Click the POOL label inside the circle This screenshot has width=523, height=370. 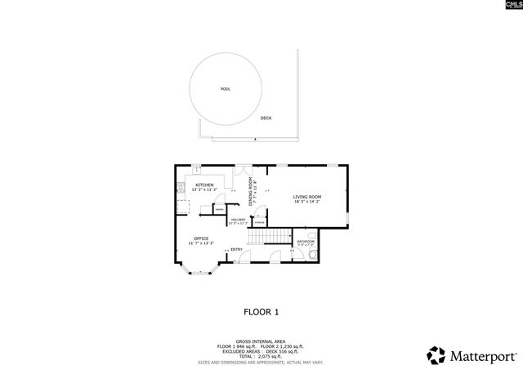tap(225, 88)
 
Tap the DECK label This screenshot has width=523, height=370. tap(266, 118)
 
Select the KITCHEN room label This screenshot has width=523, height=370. tap(204, 185)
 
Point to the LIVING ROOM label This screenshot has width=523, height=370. tap(307, 197)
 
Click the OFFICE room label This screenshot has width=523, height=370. tap(201, 238)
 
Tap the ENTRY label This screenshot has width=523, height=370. tap(236, 250)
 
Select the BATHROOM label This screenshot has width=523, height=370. tap(306, 241)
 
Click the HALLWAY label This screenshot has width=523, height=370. tap(239, 219)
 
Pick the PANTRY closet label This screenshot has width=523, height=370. tap(221, 209)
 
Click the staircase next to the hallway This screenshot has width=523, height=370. tap(270, 235)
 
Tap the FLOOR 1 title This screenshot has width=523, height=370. tap(261, 311)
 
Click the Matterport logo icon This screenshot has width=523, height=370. tap(436, 355)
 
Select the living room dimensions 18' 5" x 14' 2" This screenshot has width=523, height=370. tap(307, 203)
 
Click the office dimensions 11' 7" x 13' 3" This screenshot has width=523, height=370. tap(201, 243)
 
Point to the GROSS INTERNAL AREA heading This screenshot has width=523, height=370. tap(261, 341)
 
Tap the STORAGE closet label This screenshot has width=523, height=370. tap(259, 222)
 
